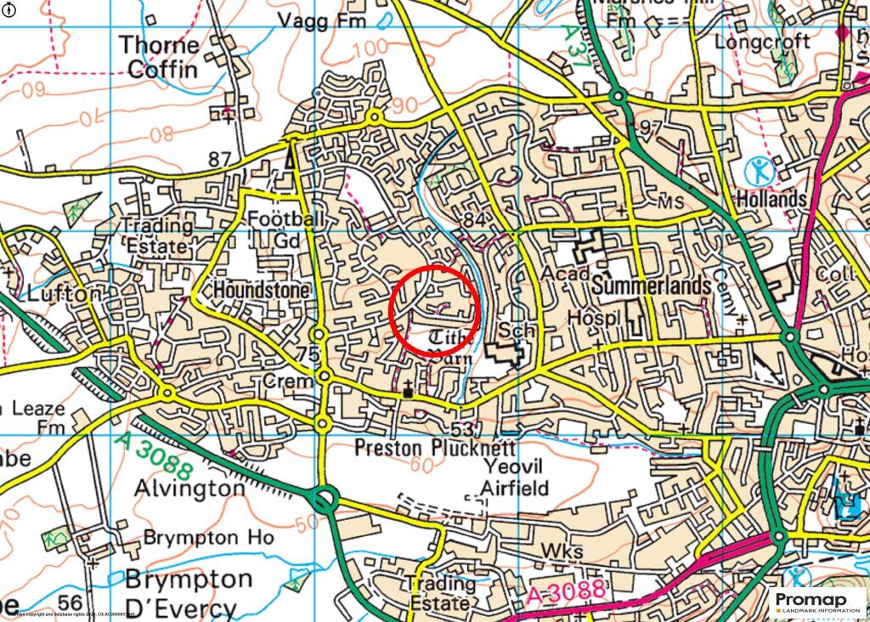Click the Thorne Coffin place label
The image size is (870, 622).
[x=160, y=56]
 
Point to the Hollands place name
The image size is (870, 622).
[x=771, y=200]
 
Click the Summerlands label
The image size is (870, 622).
[x=652, y=286]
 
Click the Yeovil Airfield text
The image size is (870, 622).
[x=515, y=477]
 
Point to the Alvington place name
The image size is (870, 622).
[x=189, y=489]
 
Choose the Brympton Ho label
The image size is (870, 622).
[x=208, y=538]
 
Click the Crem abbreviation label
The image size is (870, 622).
[x=288, y=382]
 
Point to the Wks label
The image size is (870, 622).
[x=562, y=552]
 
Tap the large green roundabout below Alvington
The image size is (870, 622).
[x=323, y=498]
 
